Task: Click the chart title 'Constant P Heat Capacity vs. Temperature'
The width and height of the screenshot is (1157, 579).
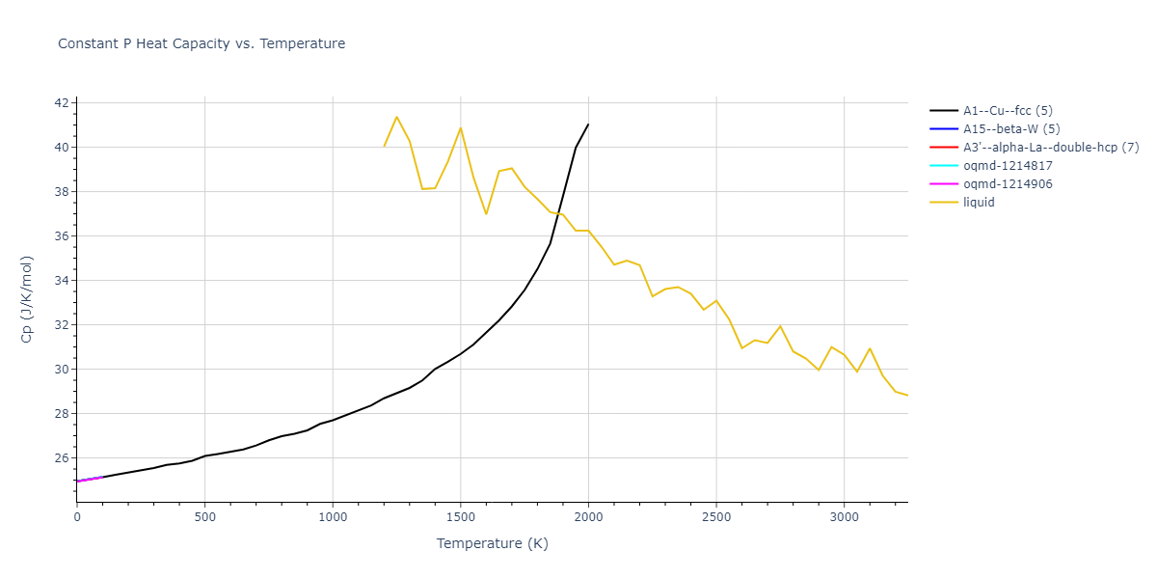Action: tap(202, 43)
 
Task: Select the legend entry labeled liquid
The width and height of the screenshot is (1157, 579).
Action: tap(980, 203)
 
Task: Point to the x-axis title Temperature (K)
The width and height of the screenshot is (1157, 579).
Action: tap(492, 544)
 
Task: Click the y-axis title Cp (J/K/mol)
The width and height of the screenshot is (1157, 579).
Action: tap(26, 299)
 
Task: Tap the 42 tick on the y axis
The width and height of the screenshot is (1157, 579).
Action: tap(61, 103)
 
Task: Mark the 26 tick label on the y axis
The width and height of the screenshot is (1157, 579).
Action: tap(61, 458)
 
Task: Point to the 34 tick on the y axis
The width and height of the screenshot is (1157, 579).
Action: tap(61, 281)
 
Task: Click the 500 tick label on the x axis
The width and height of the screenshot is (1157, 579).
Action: tap(204, 518)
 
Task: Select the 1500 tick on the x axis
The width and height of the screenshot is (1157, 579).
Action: tap(460, 518)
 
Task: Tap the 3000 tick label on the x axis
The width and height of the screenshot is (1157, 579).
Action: tap(844, 518)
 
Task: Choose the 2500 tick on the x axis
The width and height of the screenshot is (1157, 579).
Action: tap(715, 518)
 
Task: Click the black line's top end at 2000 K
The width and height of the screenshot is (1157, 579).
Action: tap(588, 124)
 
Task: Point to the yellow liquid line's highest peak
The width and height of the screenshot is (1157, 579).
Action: tap(396, 117)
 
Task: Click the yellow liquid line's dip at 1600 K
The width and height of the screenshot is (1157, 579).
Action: tap(486, 213)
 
